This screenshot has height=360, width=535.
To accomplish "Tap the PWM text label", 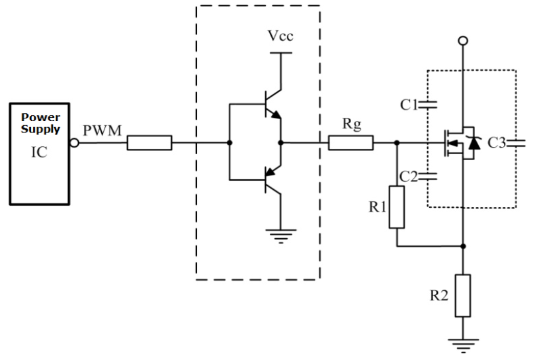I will (x=103, y=130).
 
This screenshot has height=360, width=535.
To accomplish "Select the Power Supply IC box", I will (x=40, y=153).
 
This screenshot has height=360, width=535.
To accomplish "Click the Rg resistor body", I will (x=351, y=142).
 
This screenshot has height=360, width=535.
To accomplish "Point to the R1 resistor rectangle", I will (x=397, y=207).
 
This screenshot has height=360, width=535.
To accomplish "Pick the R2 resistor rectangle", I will (x=462, y=295).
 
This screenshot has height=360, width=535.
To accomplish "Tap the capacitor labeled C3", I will (x=518, y=142).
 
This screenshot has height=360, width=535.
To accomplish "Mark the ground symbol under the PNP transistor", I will (x=282, y=232).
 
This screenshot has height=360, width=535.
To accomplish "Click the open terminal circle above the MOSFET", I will (x=463, y=42).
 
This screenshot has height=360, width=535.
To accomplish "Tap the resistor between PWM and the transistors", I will (x=149, y=142).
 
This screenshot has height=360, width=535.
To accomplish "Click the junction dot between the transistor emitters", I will (x=282, y=142).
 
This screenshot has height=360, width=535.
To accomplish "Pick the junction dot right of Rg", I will (x=397, y=142).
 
